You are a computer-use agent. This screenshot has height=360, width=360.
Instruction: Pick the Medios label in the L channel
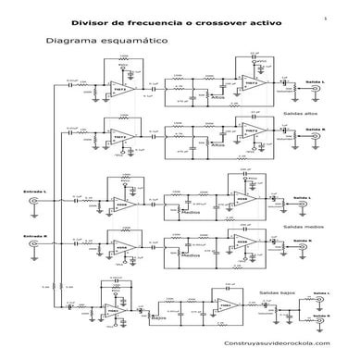click(x=192, y=212)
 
